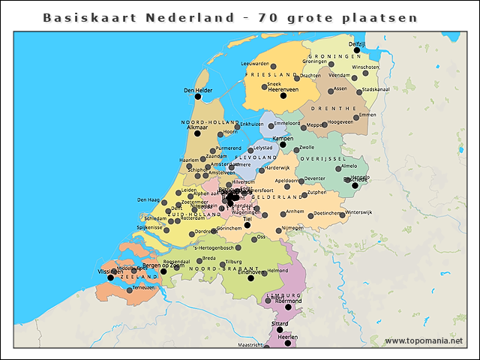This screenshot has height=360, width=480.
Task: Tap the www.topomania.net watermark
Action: (424, 340)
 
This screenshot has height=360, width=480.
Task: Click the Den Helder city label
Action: (197, 89)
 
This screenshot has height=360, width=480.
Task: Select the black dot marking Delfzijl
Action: (367, 50)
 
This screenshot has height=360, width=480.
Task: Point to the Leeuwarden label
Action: (254, 64)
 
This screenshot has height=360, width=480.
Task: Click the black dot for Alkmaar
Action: (197, 133)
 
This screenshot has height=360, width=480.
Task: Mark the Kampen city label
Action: (283, 139)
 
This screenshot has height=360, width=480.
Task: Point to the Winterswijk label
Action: (358, 212)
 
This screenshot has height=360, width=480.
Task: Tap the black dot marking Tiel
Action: (247, 225)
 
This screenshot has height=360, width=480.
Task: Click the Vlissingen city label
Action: (110, 271)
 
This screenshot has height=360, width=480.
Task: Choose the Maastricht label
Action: (250, 346)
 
